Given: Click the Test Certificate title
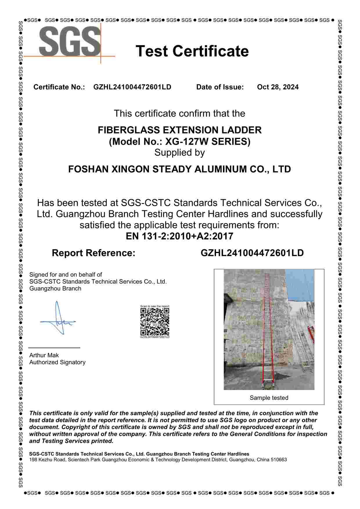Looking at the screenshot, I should pos(192,51).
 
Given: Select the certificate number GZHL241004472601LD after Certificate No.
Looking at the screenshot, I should pos(132,87).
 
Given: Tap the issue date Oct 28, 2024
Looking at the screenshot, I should pos(278,87).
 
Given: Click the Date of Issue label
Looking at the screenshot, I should pos(220,87).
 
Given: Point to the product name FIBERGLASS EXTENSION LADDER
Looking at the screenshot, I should pos(179,130).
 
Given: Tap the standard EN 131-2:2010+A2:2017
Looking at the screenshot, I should pos(179,236).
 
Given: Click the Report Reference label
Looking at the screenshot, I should pos(93,253).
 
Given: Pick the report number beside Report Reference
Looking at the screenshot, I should pos(252,253).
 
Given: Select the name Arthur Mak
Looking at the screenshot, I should pos(44,355).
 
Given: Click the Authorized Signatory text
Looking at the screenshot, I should pos(57,362).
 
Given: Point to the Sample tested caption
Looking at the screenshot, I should pos(269,398).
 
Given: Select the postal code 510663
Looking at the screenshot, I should pos(278,460).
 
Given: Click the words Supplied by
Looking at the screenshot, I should pos(179,153).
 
